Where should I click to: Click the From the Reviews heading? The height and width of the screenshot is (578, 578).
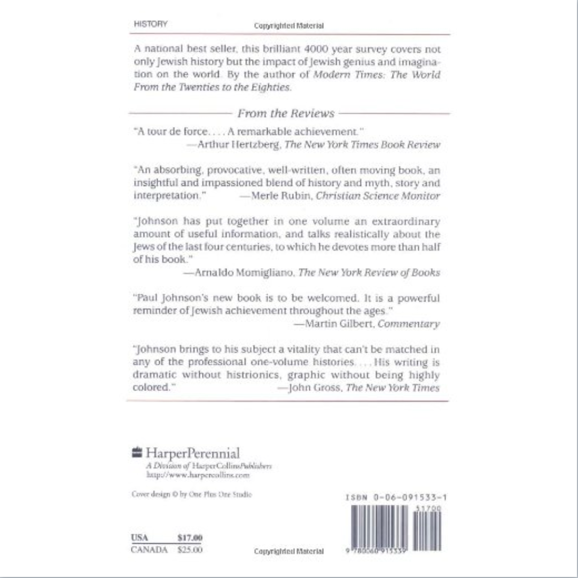286,113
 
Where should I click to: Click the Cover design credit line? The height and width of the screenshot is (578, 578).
191,494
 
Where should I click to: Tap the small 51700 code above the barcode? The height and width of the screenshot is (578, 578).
429,509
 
